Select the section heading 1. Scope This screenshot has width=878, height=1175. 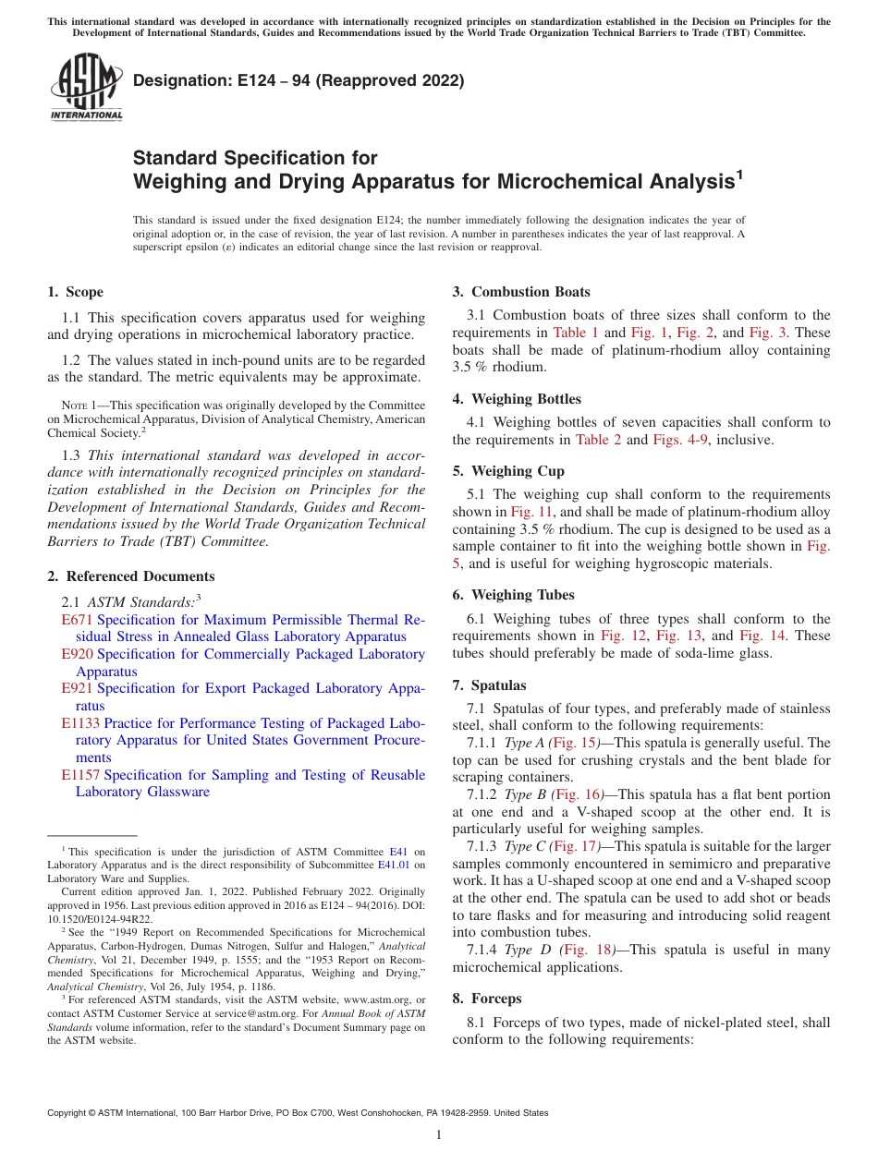(x=76, y=292)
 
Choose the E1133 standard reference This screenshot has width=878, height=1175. (x=80, y=723)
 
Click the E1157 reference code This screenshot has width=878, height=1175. (x=80, y=775)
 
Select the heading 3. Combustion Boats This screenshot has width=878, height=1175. (x=521, y=292)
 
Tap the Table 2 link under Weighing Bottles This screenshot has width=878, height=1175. (x=598, y=440)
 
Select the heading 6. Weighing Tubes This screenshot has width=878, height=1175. (x=513, y=595)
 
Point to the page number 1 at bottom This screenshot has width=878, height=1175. (x=439, y=1135)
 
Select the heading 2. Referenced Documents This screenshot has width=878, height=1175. (x=131, y=576)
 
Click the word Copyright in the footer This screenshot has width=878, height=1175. (x=70, y=1113)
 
